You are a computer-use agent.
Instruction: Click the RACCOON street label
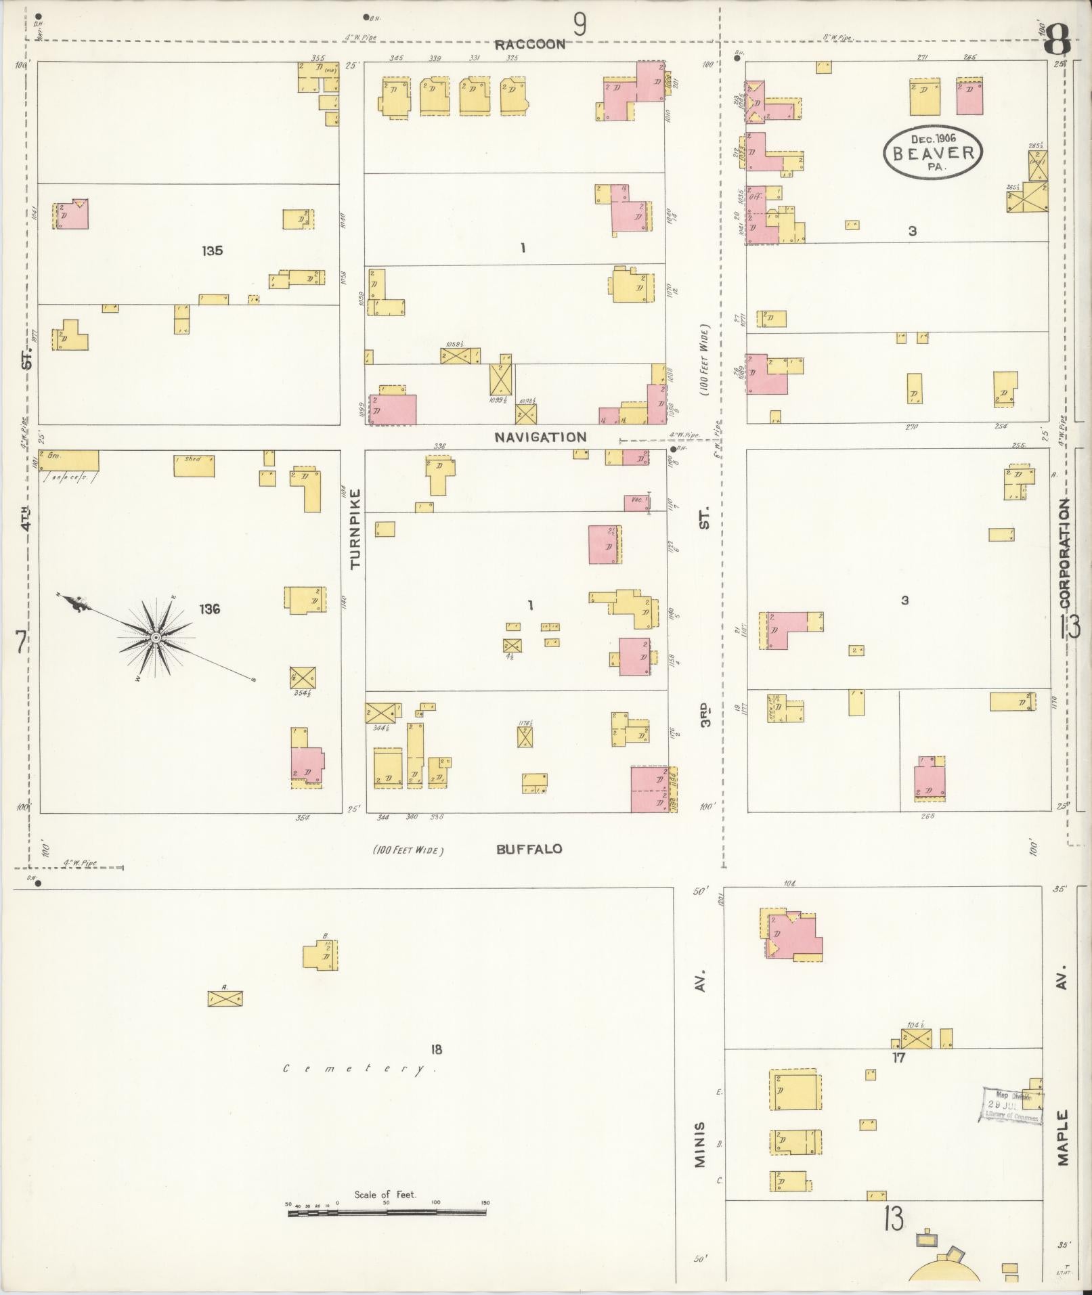(529, 45)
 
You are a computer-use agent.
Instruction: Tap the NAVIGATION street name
(540, 437)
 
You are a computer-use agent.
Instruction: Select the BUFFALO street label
(529, 849)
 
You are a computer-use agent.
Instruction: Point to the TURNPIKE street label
(356, 529)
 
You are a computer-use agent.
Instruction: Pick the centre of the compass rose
(156, 638)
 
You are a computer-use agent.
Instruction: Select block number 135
(212, 251)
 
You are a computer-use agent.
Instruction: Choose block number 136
(209, 609)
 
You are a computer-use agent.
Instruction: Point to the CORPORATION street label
(1065, 553)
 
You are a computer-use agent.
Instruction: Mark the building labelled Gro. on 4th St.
(68, 460)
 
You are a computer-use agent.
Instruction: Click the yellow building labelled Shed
(194, 466)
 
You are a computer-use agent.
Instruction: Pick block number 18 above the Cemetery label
(436, 1049)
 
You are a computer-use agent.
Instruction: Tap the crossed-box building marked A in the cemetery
(225, 998)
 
